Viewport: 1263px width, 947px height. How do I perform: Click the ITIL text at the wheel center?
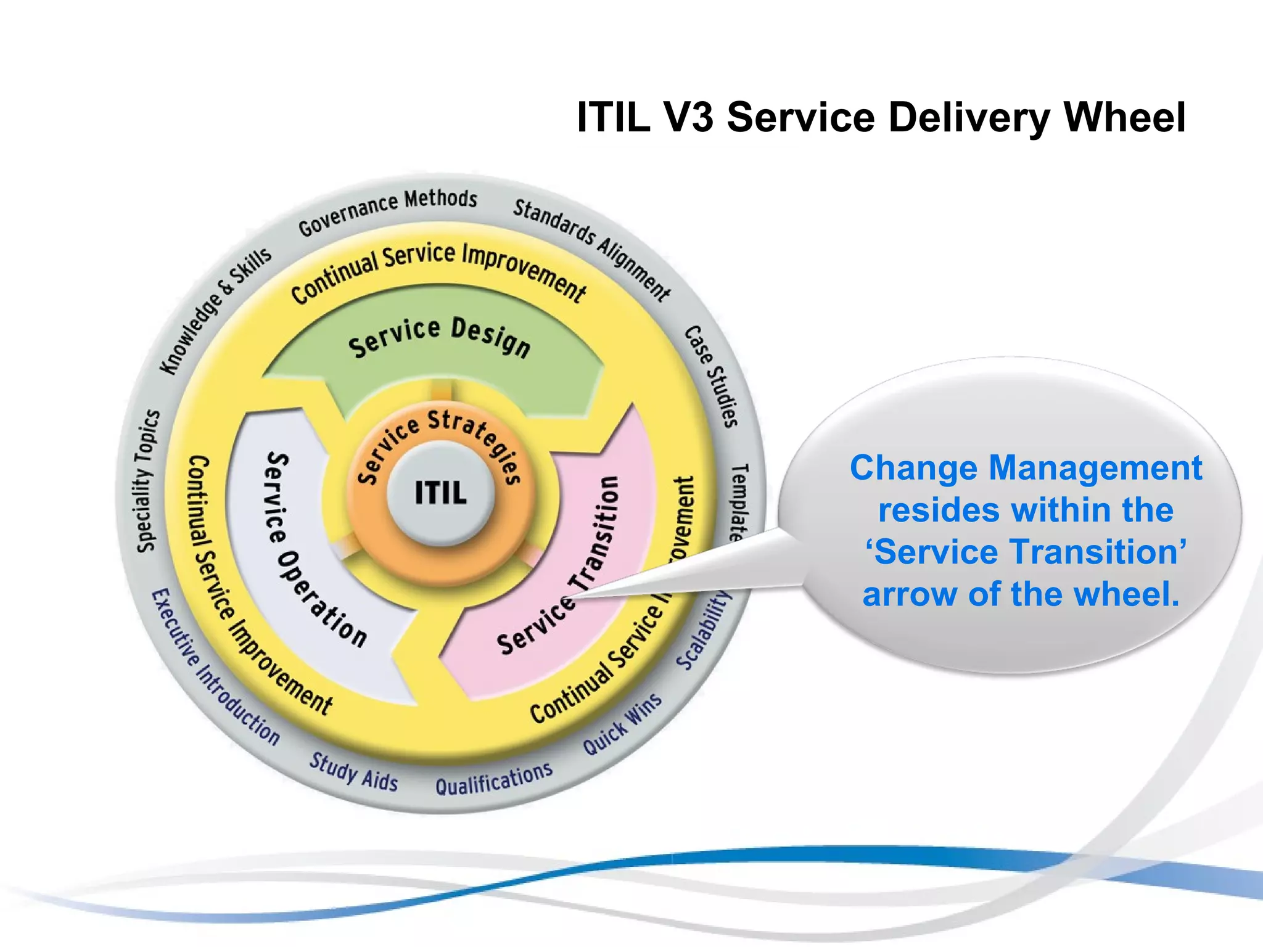click(440, 493)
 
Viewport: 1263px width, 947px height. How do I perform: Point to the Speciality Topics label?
click(148, 481)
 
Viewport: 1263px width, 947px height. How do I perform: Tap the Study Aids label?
click(353, 771)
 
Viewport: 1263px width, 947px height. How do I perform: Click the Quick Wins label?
click(622, 725)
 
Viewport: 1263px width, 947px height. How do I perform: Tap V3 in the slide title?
click(688, 117)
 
